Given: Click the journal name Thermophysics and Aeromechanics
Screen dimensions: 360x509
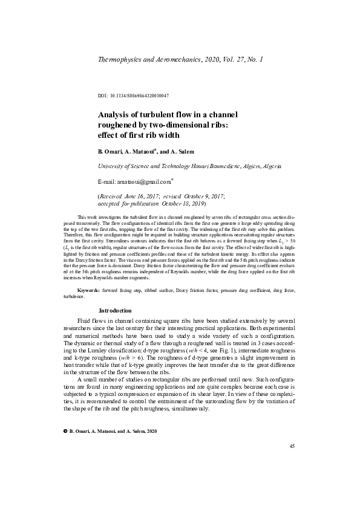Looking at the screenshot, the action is (145, 60).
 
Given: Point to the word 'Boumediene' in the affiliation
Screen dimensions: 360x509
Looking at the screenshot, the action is (208, 165).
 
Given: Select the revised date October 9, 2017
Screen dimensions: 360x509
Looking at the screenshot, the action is (198, 196).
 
